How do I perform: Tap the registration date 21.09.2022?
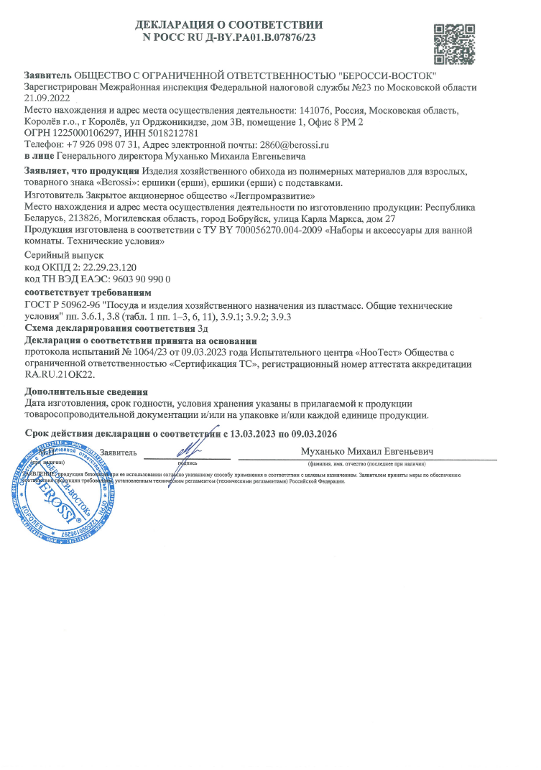point(47,98)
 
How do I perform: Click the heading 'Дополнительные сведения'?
point(86,392)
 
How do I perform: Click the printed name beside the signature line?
point(369,452)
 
